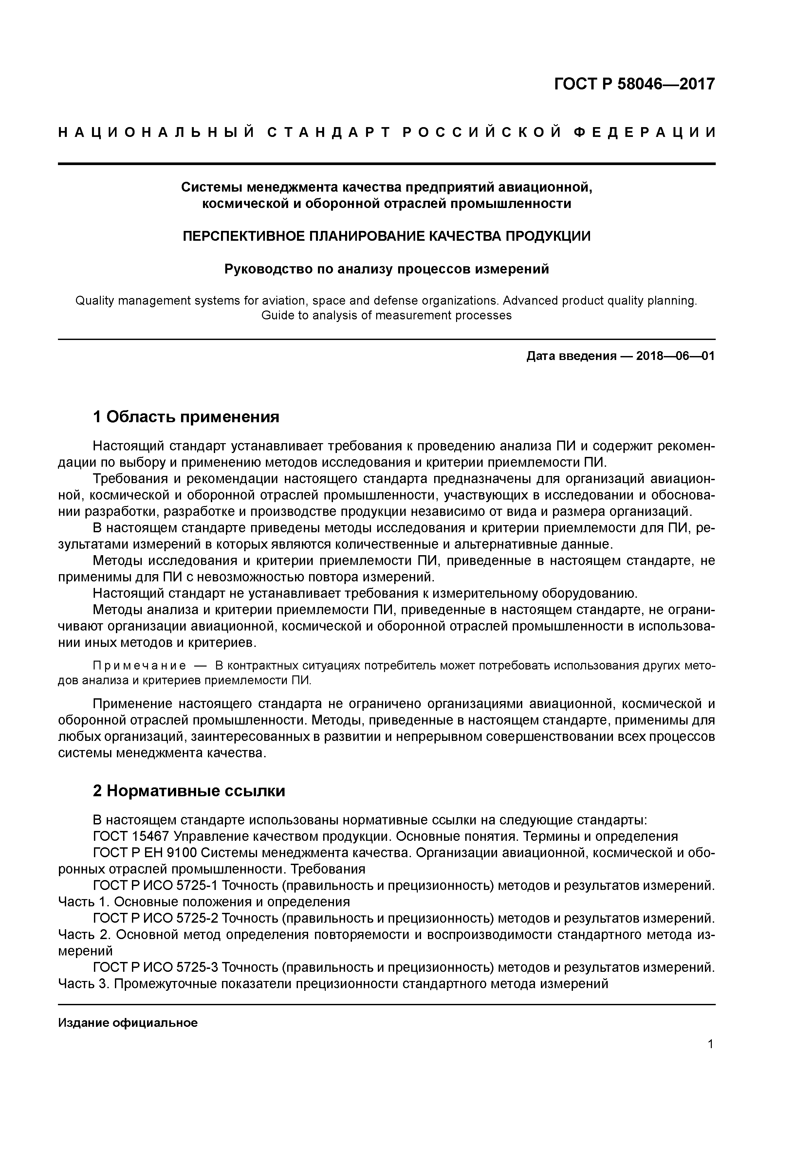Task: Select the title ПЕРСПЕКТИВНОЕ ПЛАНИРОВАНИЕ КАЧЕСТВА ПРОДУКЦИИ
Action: [x=386, y=236]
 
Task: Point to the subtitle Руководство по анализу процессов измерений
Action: [x=386, y=269]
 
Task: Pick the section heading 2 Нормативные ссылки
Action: [x=189, y=791]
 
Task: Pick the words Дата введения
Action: [x=571, y=356]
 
